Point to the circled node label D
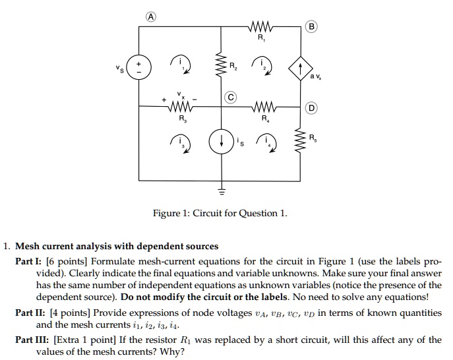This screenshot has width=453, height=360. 312,107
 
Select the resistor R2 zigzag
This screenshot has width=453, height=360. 222,66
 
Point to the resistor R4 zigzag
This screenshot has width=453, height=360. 262,107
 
